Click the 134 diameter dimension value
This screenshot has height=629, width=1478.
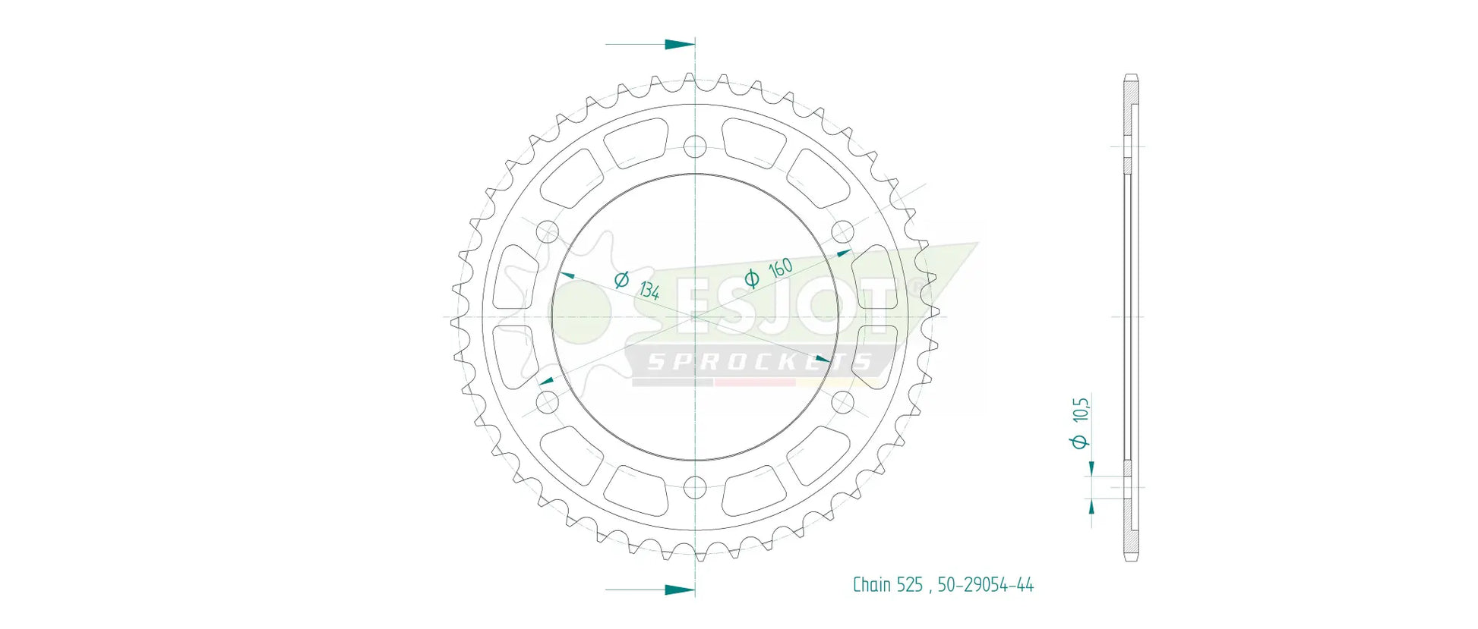tap(649, 290)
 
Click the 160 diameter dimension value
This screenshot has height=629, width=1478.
tap(781, 268)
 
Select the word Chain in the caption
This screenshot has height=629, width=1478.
tap(872, 585)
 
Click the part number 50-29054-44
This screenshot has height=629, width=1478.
tap(985, 585)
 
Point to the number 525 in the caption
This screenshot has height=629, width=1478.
tap(910, 585)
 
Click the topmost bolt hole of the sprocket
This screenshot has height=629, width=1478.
tap(695, 146)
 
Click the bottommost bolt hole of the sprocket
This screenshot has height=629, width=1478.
tap(695, 487)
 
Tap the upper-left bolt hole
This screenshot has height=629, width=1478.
tap(547, 232)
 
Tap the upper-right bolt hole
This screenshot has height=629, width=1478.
tap(843, 232)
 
